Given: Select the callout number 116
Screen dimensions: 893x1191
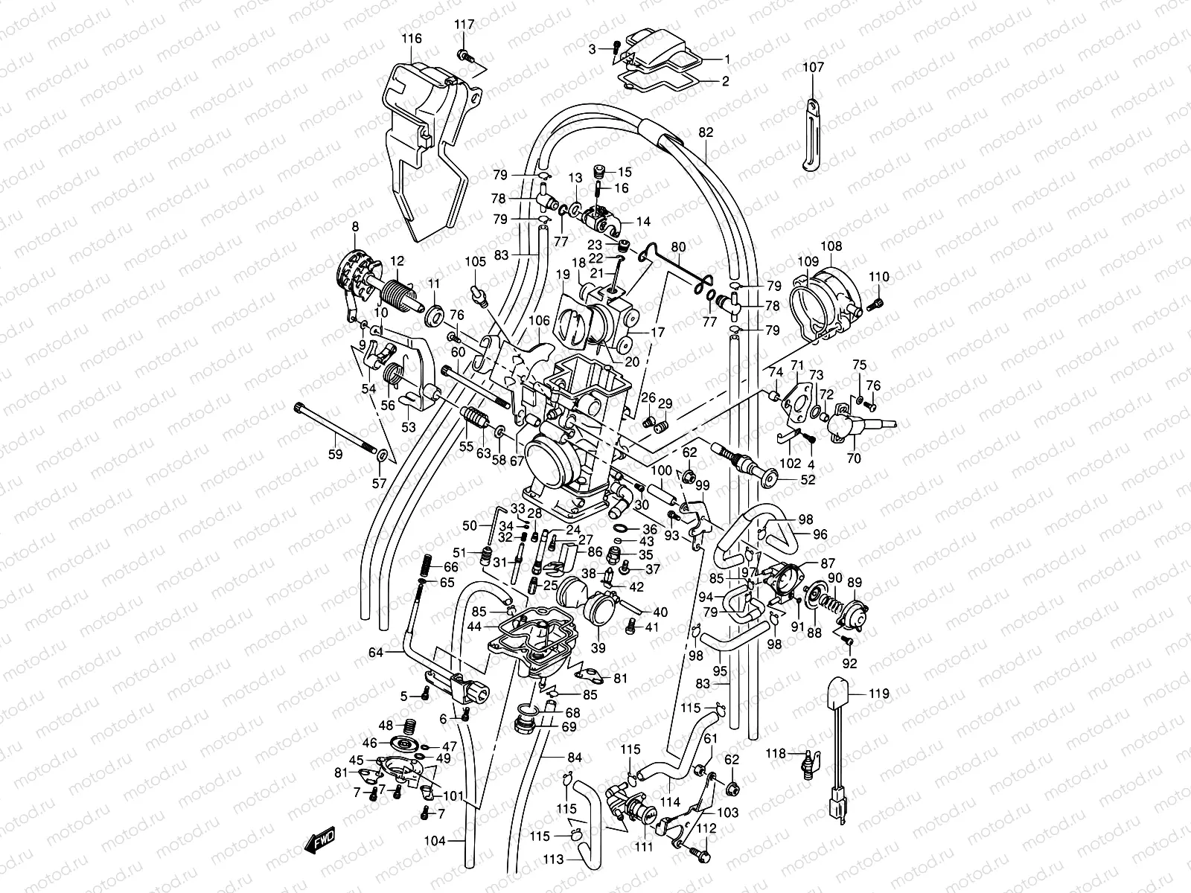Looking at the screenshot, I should (x=411, y=39).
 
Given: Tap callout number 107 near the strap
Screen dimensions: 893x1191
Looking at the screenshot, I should (x=813, y=67).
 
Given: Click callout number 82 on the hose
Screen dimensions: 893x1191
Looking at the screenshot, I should (x=706, y=132).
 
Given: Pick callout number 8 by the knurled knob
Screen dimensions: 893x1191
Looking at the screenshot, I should (x=355, y=226).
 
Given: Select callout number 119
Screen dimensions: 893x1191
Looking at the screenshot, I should (x=879, y=694).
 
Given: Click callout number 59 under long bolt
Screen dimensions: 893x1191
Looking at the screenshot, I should (x=336, y=454).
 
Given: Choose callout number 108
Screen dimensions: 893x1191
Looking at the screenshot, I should (x=831, y=246).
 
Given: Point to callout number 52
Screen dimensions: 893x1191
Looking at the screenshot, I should (x=808, y=480).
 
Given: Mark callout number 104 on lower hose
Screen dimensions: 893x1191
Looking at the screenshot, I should (x=435, y=842).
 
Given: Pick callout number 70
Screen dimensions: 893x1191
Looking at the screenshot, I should (x=854, y=458).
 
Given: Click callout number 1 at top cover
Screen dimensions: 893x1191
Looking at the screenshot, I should (x=727, y=58).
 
